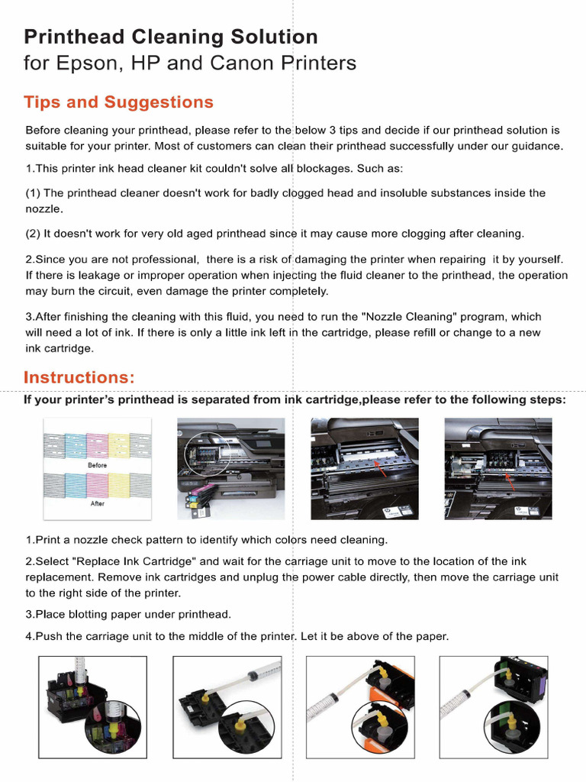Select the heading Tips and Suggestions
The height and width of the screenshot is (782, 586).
click(118, 102)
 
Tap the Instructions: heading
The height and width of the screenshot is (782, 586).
click(79, 377)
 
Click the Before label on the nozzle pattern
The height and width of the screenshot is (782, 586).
click(97, 465)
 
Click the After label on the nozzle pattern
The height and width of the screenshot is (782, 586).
click(97, 504)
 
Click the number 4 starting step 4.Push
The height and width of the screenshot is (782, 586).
click(28, 636)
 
